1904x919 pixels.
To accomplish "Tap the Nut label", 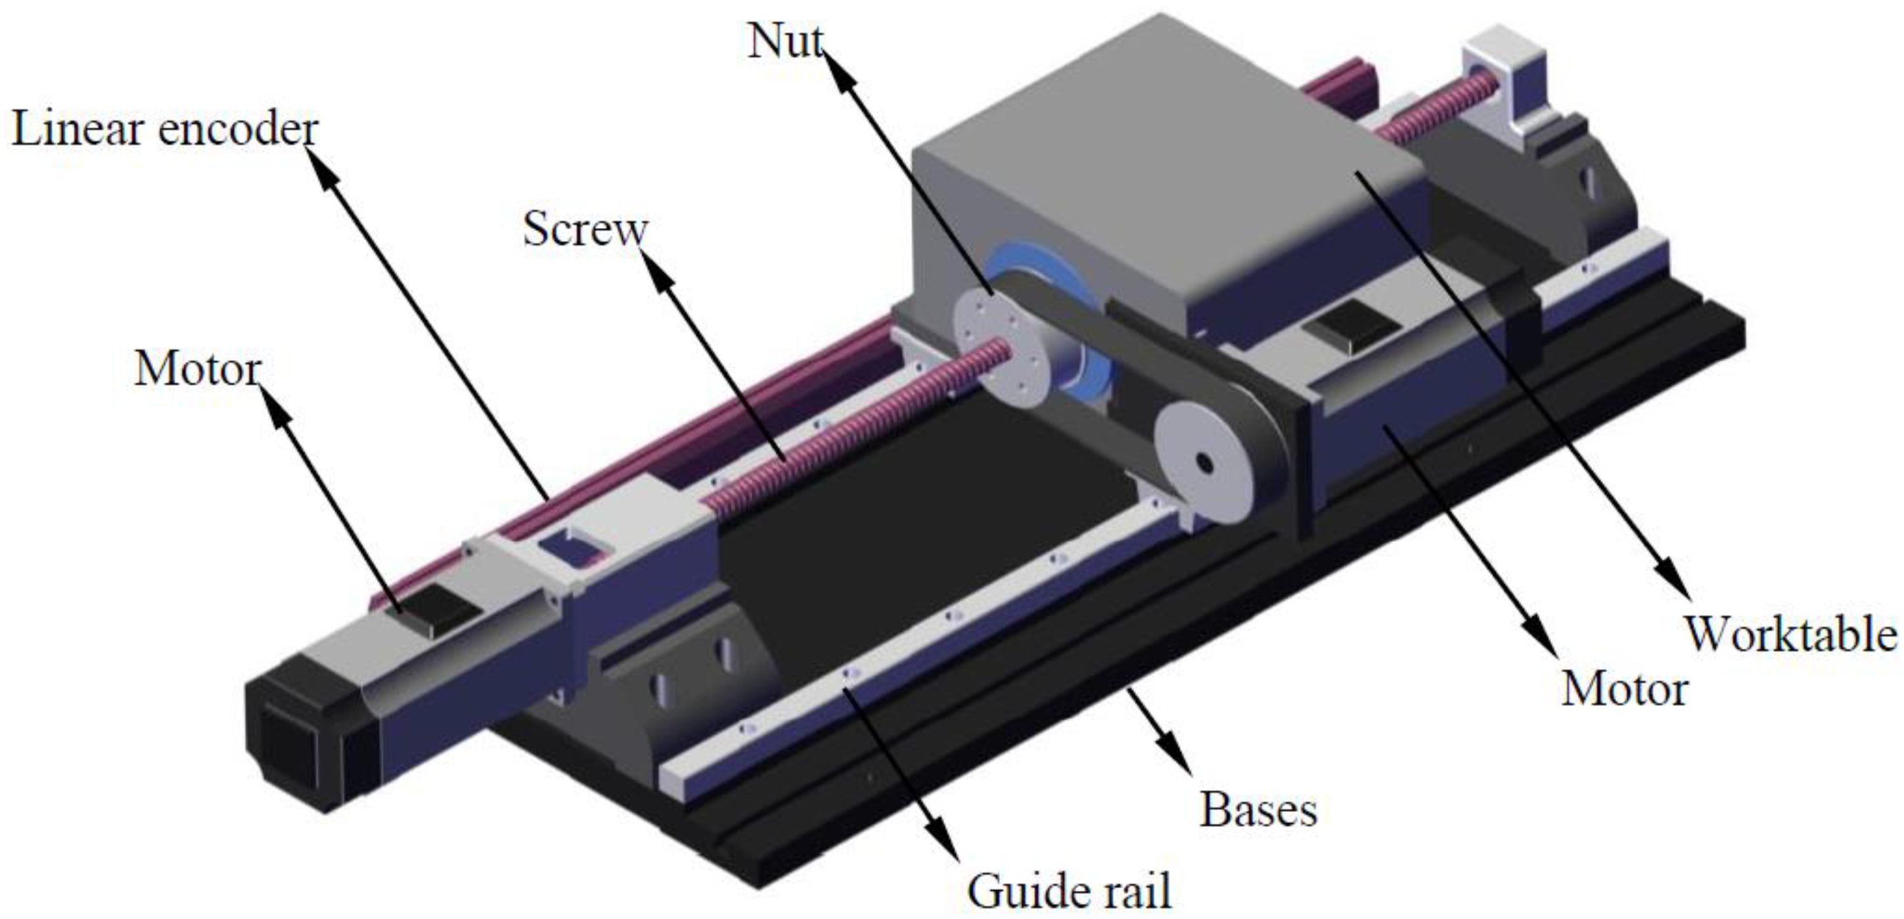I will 785,41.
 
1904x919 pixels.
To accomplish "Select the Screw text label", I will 585,229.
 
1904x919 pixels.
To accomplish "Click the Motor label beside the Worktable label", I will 1625,690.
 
